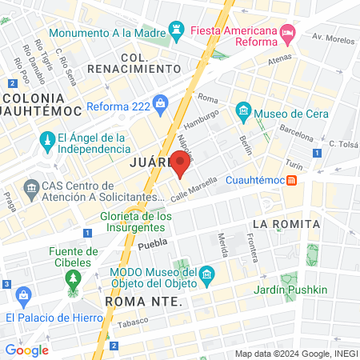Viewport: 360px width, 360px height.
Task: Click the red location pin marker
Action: pyautogui.click(x=180, y=164)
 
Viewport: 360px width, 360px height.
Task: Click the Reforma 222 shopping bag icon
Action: pyautogui.click(x=161, y=102)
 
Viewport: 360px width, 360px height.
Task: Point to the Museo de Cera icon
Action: pyautogui.click(x=244, y=110)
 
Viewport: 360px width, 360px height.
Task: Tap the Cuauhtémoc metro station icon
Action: pyautogui.click(x=293, y=179)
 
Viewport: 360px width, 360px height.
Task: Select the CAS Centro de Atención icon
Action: pyautogui.click(x=32, y=189)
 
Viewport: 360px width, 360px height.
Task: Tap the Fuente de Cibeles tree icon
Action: pyautogui.click(x=73, y=278)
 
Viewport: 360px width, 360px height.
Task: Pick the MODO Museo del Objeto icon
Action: pyautogui.click(x=207, y=275)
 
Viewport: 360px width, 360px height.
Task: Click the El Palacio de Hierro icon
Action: pyautogui.click(x=23, y=296)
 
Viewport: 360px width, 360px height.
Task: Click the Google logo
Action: pyautogui.click(x=26, y=350)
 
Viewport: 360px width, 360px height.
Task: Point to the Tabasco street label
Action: pyautogui.click(x=136, y=327)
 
